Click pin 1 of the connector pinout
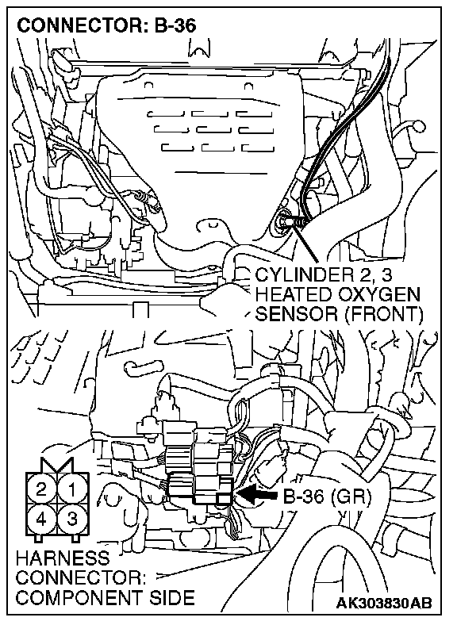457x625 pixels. pos(72,489)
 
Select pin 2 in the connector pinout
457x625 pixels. pos(42,489)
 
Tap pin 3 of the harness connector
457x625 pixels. pos(72,519)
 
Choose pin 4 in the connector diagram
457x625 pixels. pos(42,519)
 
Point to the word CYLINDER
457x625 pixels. pos(308,275)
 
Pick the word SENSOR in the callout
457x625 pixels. pos(297,315)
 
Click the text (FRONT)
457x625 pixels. pos(383,315)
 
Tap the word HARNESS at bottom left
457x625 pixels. pos(63,558)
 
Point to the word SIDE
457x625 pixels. pos(170,598)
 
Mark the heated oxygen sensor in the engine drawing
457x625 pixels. pos(288,218)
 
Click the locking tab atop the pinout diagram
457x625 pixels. pos(57,465)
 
